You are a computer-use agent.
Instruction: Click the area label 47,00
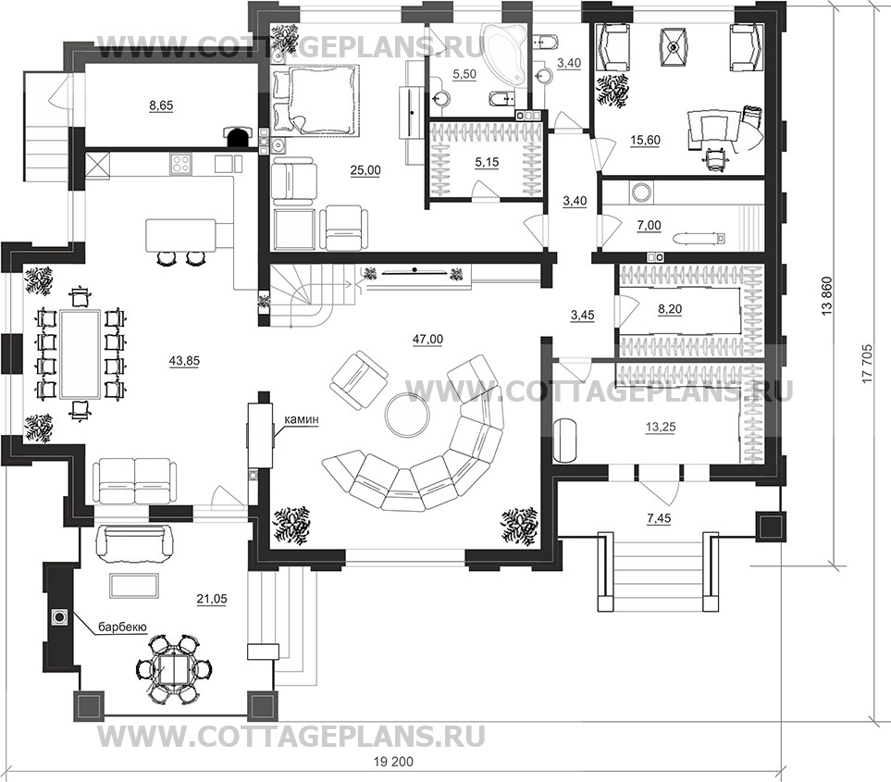(x=427, y=340)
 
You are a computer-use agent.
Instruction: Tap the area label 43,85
(x=185, y=360)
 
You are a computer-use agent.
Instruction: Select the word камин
(x=303, y=419)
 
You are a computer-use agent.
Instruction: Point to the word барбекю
(x=123, y=627)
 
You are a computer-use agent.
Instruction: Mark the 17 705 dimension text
(x=866, y=363)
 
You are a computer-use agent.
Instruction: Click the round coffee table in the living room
(x=407, y=415)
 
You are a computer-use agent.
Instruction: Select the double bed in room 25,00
(x=316, y=100)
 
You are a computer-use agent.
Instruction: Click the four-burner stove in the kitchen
(x=181, y=164)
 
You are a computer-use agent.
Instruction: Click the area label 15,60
(x=645, y=141)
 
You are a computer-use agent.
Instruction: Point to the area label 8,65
(x=161, y=106)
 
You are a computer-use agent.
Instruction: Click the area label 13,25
(x=661, y=427)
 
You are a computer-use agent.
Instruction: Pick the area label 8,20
(x=669, y=309)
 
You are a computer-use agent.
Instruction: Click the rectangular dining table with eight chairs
(x=79, y=354)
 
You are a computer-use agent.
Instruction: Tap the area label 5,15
(x=487, y=163)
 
